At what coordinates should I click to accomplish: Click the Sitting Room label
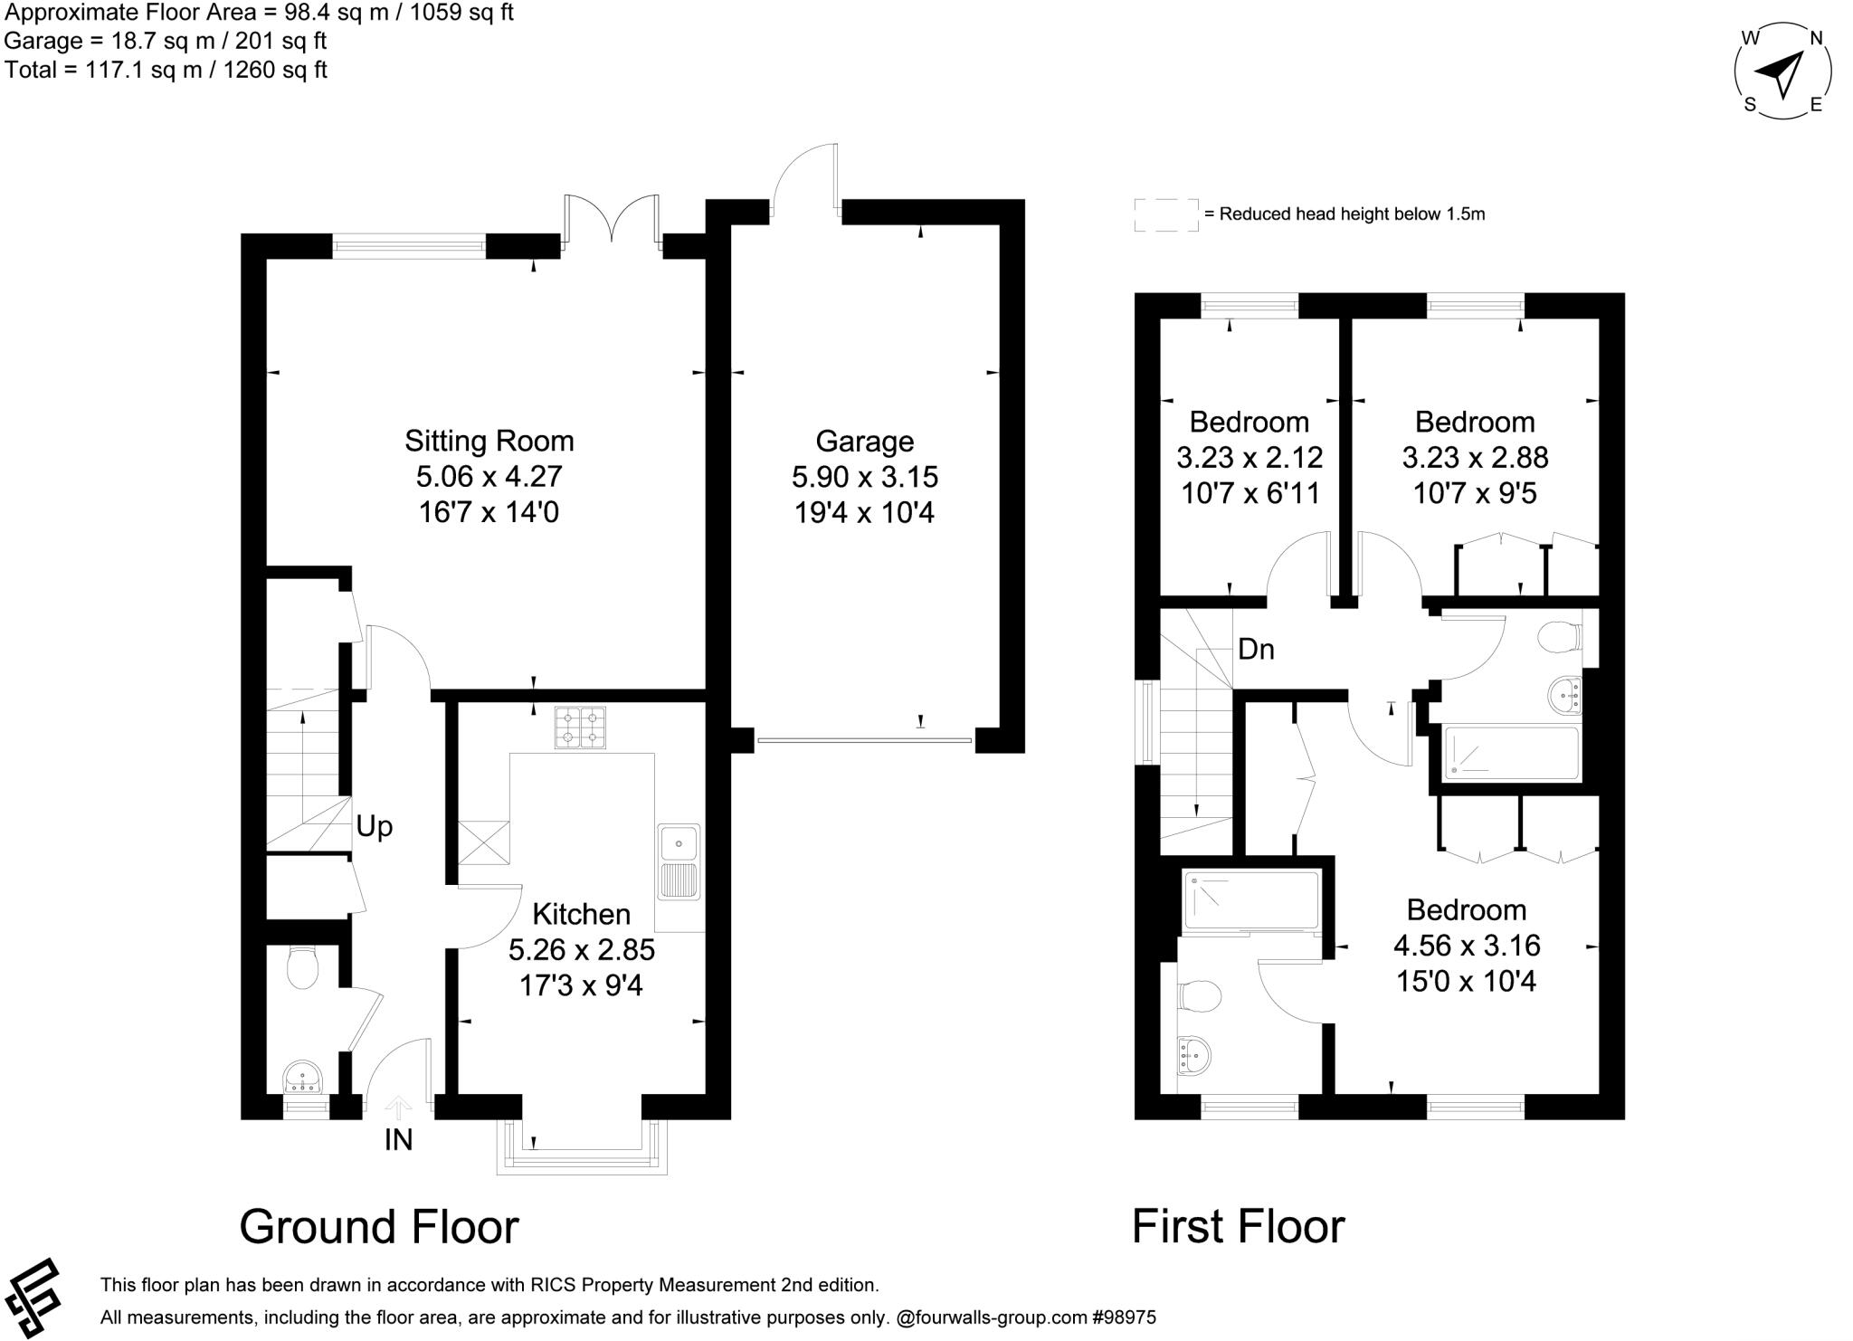click(489, 441)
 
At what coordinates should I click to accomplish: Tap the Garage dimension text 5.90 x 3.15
click(864, 477)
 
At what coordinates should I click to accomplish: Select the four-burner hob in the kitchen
click(580, 728)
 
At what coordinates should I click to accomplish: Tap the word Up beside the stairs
click(374, 826)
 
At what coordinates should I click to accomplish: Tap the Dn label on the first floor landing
click(1256, 649)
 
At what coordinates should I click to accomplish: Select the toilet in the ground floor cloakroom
click(301, 969)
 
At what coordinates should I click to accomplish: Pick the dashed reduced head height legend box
click(1166, 215)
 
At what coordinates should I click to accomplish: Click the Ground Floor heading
click(378, 1227)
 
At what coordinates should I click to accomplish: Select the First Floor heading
click(1238, 1227)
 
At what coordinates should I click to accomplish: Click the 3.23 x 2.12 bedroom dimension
click(1250, 458)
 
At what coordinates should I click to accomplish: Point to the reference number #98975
click(1126, 1318)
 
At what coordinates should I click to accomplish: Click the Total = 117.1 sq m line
click(166, 70)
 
